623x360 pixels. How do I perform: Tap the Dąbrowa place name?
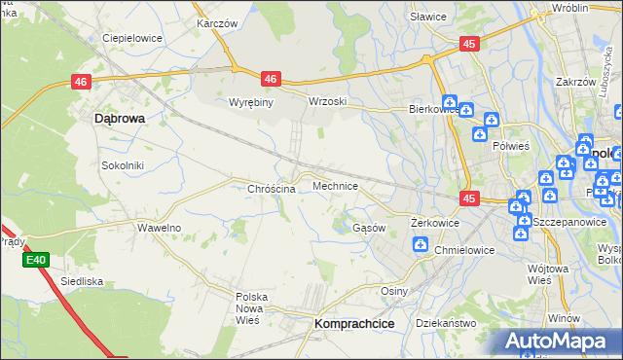coord(120,118)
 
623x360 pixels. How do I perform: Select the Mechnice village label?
coord(335,185)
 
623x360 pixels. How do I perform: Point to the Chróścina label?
coord(272,189)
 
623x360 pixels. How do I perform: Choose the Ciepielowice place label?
coord(131,38)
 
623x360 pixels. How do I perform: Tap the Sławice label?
coord(427,17)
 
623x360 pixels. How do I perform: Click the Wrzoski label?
coord(327,101)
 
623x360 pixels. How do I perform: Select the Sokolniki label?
coord(123,165)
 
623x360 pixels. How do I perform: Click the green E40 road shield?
coord(36,260)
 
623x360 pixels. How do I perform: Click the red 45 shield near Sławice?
coord(469,44)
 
